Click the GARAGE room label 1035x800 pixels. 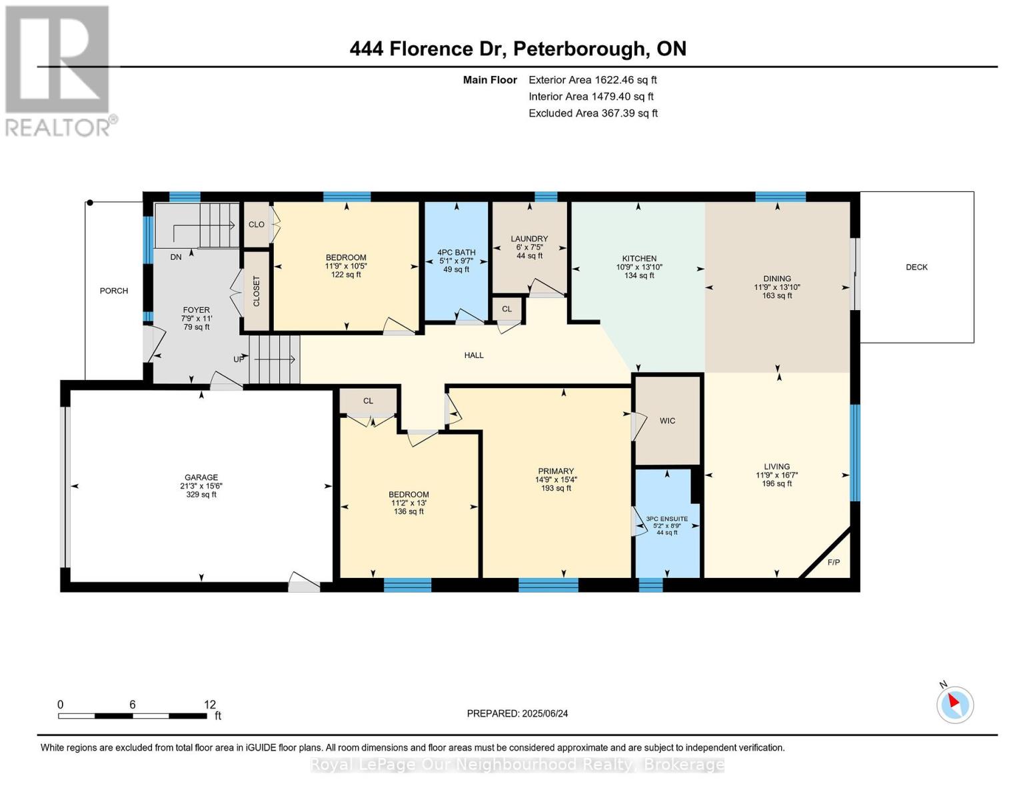point(201,477)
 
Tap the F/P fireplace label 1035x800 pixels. point(833,563)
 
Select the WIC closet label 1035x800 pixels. point(667,421)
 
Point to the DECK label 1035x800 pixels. point(916,267)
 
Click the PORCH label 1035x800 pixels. point(114,291)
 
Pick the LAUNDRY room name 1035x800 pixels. point(529,239)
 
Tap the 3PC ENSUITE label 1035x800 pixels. point(667,519)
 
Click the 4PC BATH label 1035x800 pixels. point(457,253)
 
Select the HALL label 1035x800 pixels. point(474,355)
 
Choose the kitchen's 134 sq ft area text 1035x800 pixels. point(639,275)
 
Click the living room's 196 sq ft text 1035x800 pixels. point(777,483)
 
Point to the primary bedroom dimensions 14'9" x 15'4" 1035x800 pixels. point(556,480)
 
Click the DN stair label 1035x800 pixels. point(176,257)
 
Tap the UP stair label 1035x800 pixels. point(239,359)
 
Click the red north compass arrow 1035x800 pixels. point(954,701)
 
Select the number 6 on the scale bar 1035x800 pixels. point(133,704)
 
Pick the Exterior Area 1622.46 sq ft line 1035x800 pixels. point(592,80)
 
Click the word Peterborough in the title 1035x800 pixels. point(579,49)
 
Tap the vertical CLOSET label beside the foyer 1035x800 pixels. point(256,291)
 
